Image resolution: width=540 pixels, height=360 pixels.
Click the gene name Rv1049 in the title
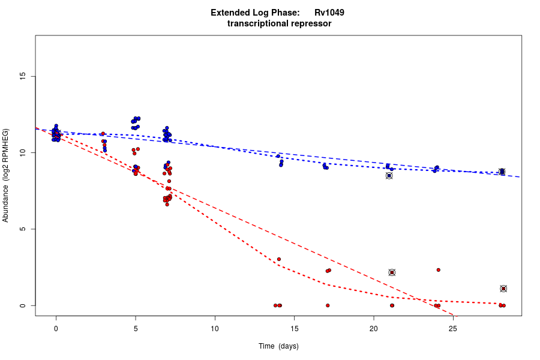pyautogui.click(x=329, y=12)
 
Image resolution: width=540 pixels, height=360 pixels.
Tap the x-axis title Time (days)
pyautogui.click(x=278, y=346)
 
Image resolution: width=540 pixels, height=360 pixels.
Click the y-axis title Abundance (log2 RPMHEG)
pyautogui.click(x=6, y=175)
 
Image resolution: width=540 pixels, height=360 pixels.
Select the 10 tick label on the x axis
pyautogui.click(x=215, y=328)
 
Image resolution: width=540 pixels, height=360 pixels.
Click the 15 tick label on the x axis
pyautogui.click(x=294, y=328)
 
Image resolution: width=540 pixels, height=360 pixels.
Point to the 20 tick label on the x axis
pyautogui.click(x=373, y=328)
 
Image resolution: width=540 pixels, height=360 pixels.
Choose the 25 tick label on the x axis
pyautogui.click(x=453, y=328)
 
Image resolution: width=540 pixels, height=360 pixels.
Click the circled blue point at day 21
pyautogui.click(x=389, y=176)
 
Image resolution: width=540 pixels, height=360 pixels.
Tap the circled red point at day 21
pyautogui.click(x=392, y=272)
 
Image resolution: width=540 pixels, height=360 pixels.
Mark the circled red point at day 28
pyautogui.click(x=503, y=289)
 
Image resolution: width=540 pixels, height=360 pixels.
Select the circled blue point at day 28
pyautogui.click(x=502, y=172)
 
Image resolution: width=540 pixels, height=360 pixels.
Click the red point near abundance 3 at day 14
pyautogui.click(x=279, y=259)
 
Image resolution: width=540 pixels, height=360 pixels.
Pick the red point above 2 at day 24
pyautogui.click(x=439, y=270)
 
